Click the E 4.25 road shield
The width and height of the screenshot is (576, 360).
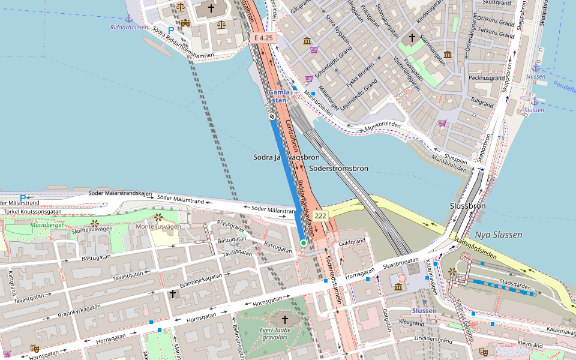click(x=263, y=38)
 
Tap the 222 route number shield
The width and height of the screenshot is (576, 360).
click(x=320, y=216)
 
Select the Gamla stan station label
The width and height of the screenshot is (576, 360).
click(x=279, y=96)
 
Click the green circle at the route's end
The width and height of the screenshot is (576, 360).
click(x=304, y=242)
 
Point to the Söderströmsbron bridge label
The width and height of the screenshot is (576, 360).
click(x=338, y=169)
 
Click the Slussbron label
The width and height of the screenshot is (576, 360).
click(x=467, y=206)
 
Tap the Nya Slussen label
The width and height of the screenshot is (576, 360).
click(x=498, y=235)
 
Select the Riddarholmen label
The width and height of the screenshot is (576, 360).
click(x=129, y=27)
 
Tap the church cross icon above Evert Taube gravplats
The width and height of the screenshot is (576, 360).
click(x=284, y=319)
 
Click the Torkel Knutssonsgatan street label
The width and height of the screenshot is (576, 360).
click(x=32, y=212)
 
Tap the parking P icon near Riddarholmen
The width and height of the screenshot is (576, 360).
click(x=171, y=31)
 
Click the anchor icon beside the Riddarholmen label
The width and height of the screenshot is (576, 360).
click(x=128, y=18)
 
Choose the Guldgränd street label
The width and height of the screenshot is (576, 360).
click(x=352, y=243)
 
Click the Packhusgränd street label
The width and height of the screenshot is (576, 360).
click(x=487, y=78)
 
